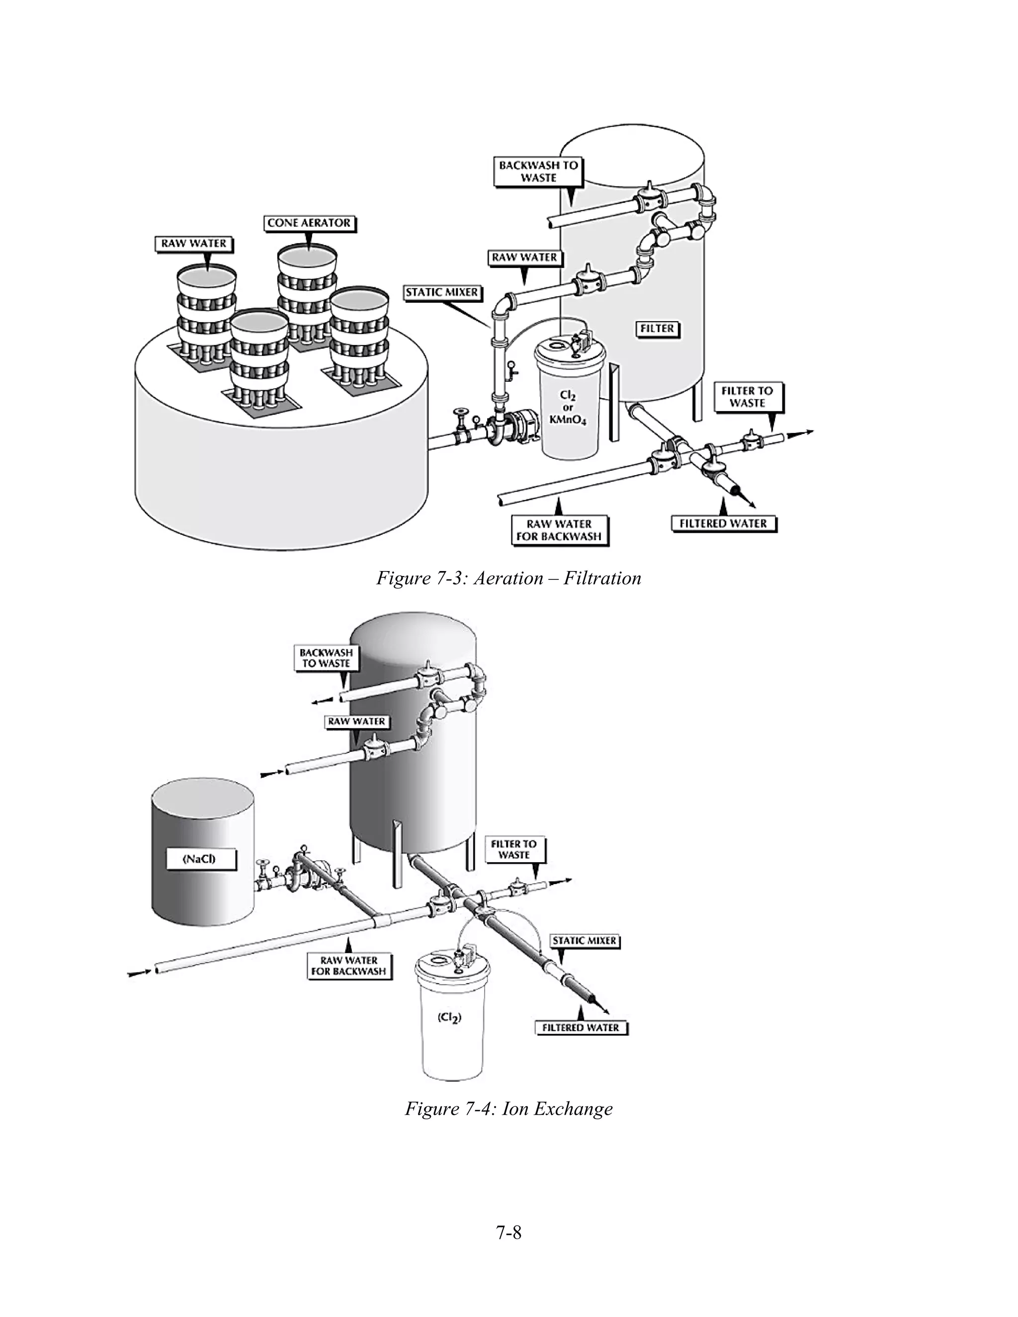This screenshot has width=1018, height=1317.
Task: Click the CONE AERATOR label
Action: [x=309, y=223]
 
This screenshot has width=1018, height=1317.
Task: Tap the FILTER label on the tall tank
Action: [x=657, y=329]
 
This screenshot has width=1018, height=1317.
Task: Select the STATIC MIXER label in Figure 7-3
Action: [x=442, y=292]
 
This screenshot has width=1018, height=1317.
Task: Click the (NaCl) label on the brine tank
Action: [x=199, y=859]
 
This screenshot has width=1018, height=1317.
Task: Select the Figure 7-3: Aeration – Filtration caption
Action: [x=509, y=578]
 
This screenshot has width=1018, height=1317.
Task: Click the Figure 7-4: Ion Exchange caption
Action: [x=509, y=1108]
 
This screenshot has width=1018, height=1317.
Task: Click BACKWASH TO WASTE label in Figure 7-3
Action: [x=538, y=171]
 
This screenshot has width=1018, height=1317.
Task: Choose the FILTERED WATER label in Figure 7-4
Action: [x=581, y=1028]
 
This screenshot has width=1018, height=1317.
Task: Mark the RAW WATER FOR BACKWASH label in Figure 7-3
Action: [x=559, y=530]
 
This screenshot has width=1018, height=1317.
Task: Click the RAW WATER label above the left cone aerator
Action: [x=193, y=244]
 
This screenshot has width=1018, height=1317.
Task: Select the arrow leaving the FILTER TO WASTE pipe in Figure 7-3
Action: [x=802, y=432]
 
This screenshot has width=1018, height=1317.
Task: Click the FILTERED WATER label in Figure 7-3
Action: [x=723, y=523]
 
